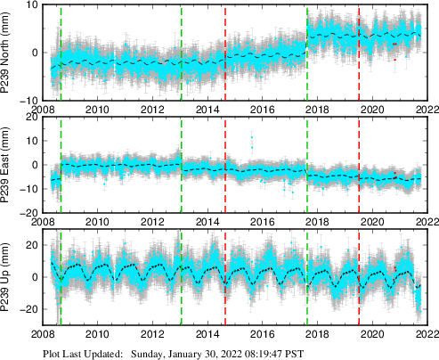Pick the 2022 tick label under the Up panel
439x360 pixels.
[x=426, y=337]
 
